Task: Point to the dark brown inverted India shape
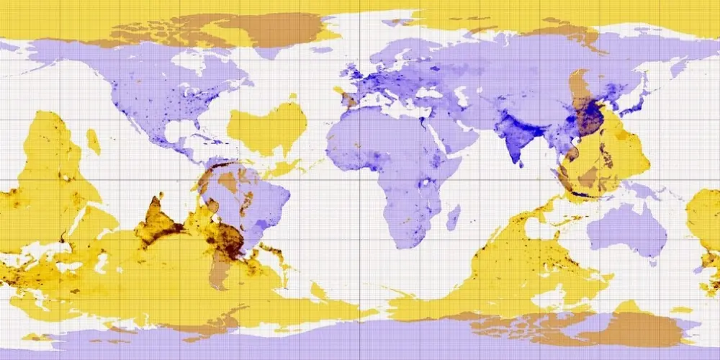(x=158, y=220)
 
